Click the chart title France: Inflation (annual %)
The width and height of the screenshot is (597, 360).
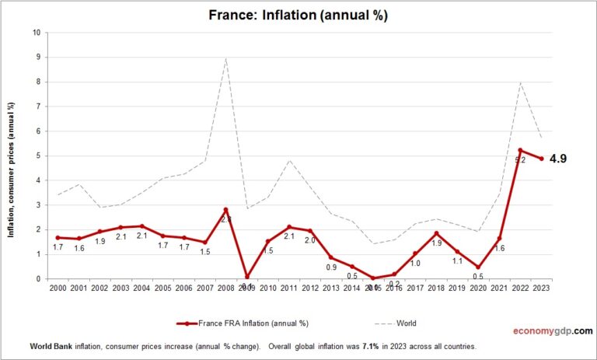298,15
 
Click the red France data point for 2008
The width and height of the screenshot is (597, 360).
225,210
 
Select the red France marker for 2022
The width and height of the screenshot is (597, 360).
520,150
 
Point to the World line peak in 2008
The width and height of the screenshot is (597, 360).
225,58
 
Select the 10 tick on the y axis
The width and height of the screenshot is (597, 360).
37,33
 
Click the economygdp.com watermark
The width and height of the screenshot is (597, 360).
553,330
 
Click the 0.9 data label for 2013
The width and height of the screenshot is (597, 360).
330,267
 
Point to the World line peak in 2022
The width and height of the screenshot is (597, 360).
520,82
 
